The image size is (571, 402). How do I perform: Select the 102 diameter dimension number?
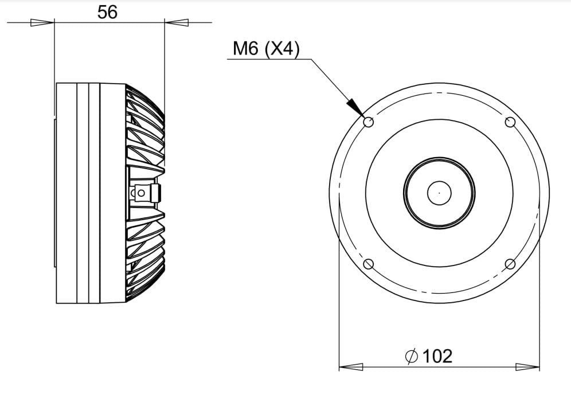[437, 356]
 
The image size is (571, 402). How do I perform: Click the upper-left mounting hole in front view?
[369, 122]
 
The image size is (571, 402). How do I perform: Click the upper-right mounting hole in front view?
[510, 122]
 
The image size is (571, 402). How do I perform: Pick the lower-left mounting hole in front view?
[369, 264]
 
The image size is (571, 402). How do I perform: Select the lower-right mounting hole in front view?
[510, 264]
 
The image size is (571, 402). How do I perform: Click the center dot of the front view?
[439, 193]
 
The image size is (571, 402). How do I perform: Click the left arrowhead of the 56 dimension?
[42, 22]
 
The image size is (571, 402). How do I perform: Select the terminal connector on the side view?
[145, 193]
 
